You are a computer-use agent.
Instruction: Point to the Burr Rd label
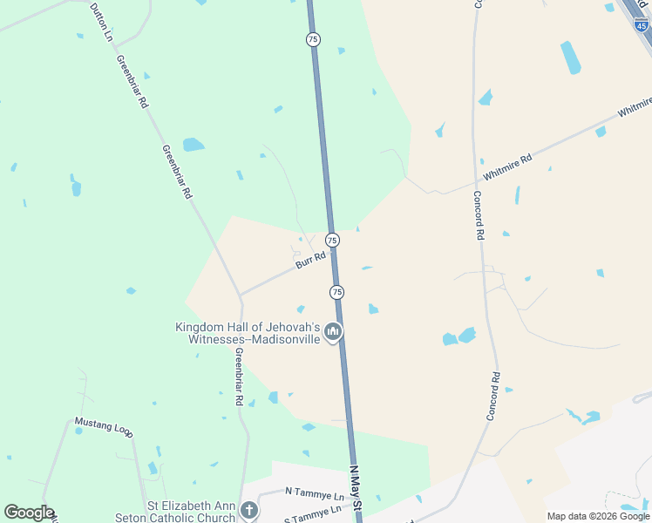click(309, 260)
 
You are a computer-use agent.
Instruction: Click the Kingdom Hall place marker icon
click(332, 332)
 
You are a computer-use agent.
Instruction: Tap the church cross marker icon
click(249, 510)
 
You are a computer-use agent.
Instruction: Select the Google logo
click(29, 513)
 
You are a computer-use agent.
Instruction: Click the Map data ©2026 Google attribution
click(598, 516)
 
